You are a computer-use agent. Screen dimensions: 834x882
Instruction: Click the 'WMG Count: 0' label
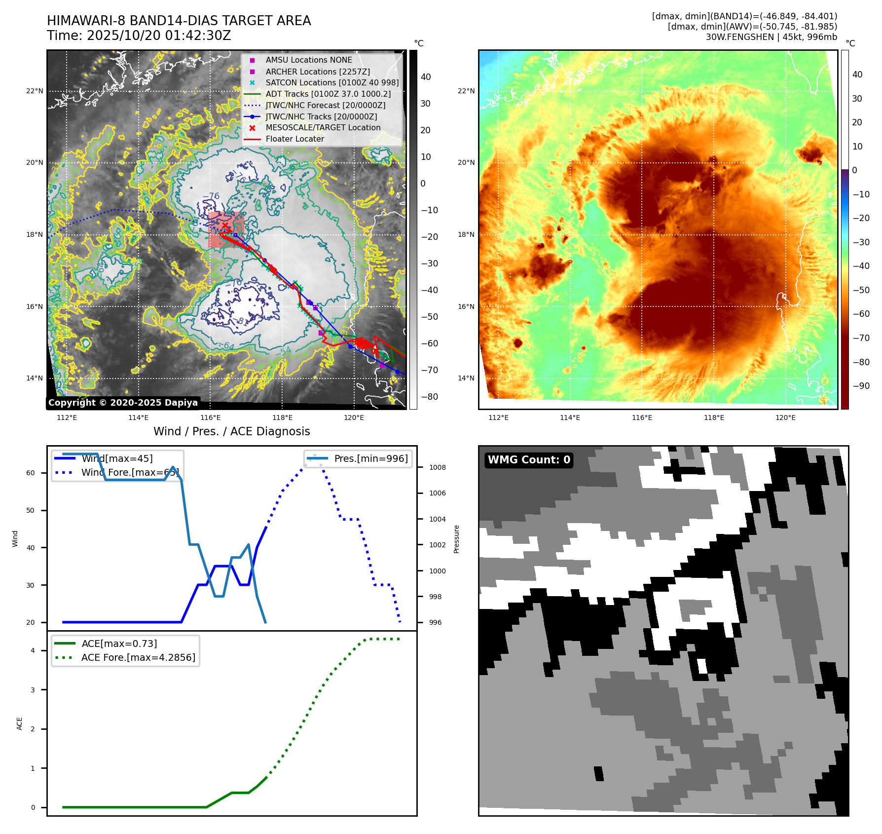click(x=529, y=460)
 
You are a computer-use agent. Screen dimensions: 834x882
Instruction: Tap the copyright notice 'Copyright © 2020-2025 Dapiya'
click(x=123, y=403)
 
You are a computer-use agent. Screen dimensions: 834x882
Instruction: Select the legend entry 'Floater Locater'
click(x=294, y=139)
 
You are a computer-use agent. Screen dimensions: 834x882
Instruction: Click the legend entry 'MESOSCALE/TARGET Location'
click(x=323, y=128)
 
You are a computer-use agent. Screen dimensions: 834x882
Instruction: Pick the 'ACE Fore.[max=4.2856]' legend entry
click(x=138, y=657)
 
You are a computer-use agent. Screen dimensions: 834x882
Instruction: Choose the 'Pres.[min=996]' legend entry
click(x=370, y=458)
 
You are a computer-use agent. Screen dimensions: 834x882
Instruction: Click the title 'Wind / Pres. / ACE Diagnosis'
click(x=232, y=431)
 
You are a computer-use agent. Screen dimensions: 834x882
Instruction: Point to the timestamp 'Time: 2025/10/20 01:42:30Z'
click(x=139, y=36)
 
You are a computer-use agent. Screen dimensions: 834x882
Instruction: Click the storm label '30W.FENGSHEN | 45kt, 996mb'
click(x=771, y=37)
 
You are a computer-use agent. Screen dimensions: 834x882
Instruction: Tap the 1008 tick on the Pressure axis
click(x=437, y=467)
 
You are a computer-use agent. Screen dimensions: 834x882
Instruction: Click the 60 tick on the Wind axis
click(x=31, y=473)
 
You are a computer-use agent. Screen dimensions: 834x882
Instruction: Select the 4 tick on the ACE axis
click(x=33, y=650)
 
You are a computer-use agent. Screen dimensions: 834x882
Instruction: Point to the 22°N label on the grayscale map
click(x=35, y=91)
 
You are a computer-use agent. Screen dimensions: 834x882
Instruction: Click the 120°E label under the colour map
click(x=785, y=417)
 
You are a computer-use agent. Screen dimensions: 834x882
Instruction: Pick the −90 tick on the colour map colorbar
click(x=861, y=386)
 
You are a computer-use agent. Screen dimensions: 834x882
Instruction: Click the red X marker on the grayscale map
click(x=225, y=225)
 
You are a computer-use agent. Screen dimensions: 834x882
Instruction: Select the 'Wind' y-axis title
click(x=15, y=538)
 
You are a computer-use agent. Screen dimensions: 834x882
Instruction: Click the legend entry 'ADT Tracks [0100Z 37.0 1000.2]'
click(x=328, y=94)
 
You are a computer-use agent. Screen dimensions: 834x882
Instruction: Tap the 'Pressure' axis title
click(x=456, y=539)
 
